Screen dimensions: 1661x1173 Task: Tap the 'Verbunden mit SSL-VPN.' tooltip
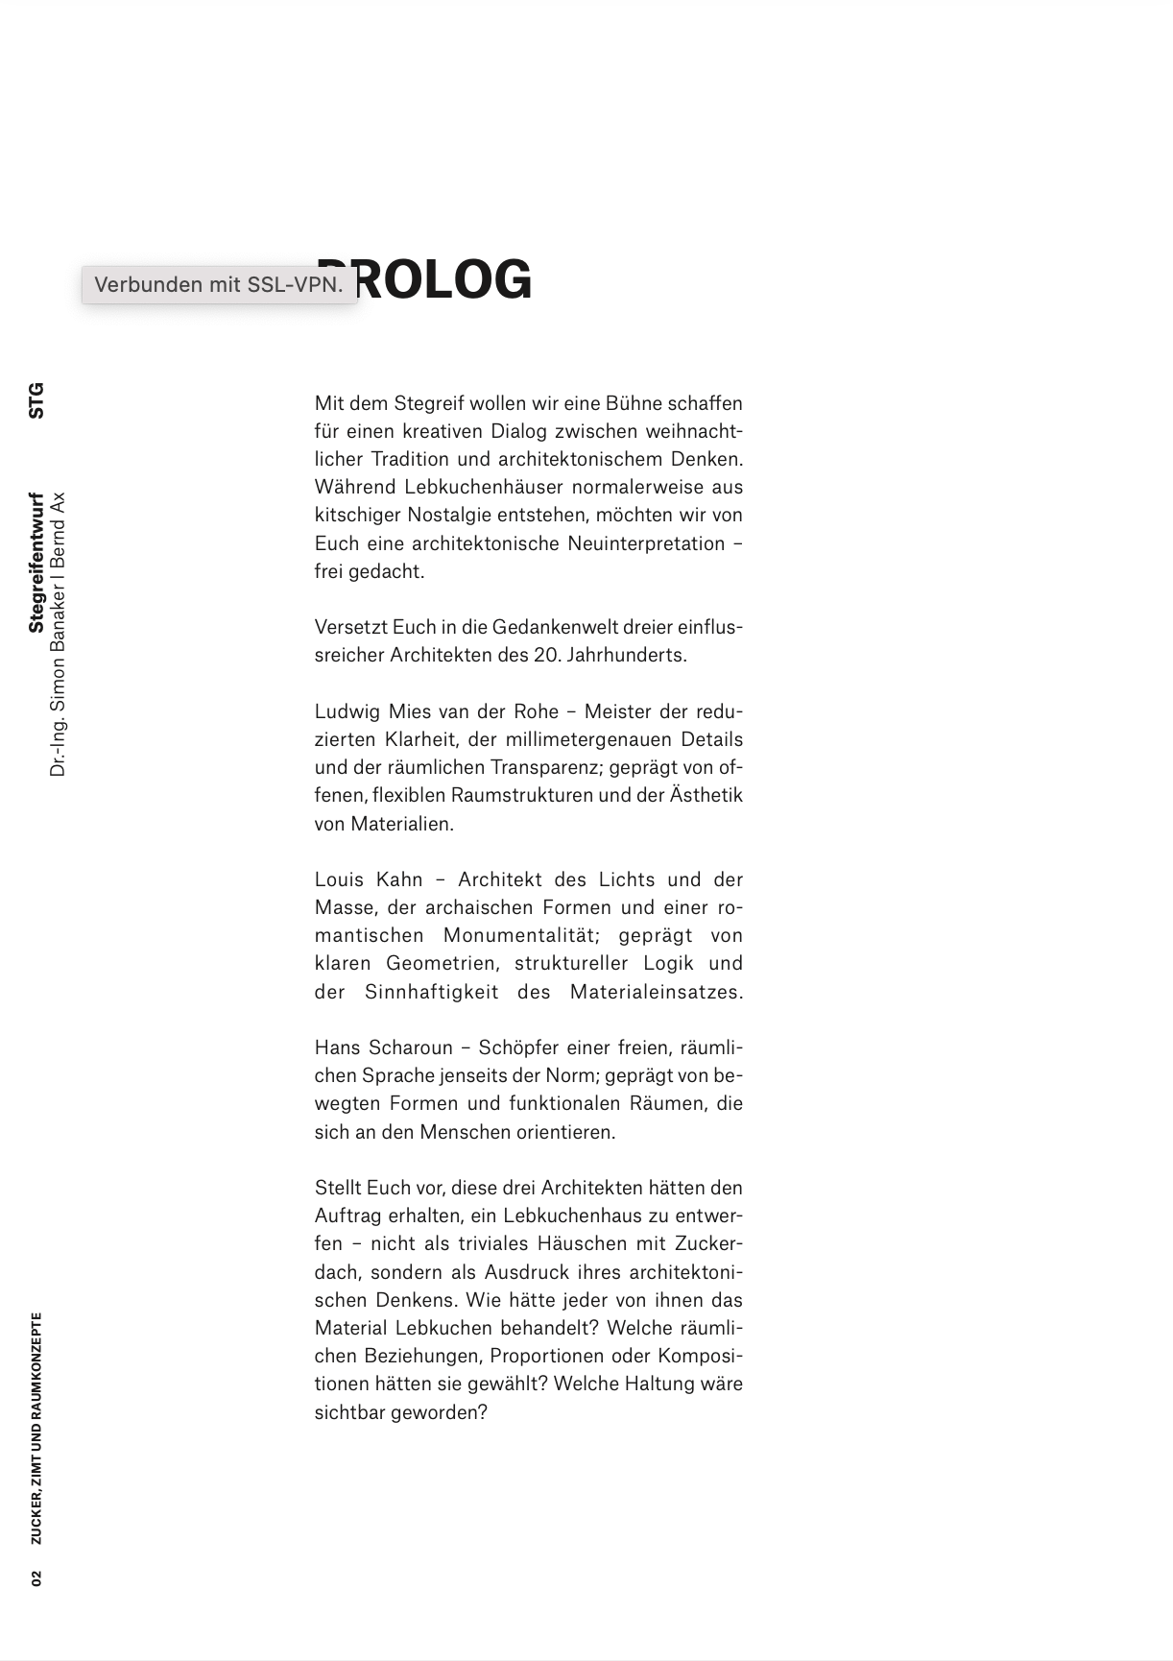(219, 285)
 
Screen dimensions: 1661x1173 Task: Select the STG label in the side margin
(36, 400)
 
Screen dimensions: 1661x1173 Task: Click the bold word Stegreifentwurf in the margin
(36, 563)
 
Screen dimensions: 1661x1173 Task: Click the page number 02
(36, 1578)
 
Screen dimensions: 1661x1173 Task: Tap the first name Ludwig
(347, 711)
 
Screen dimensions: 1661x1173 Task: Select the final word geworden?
(440, 1412)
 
